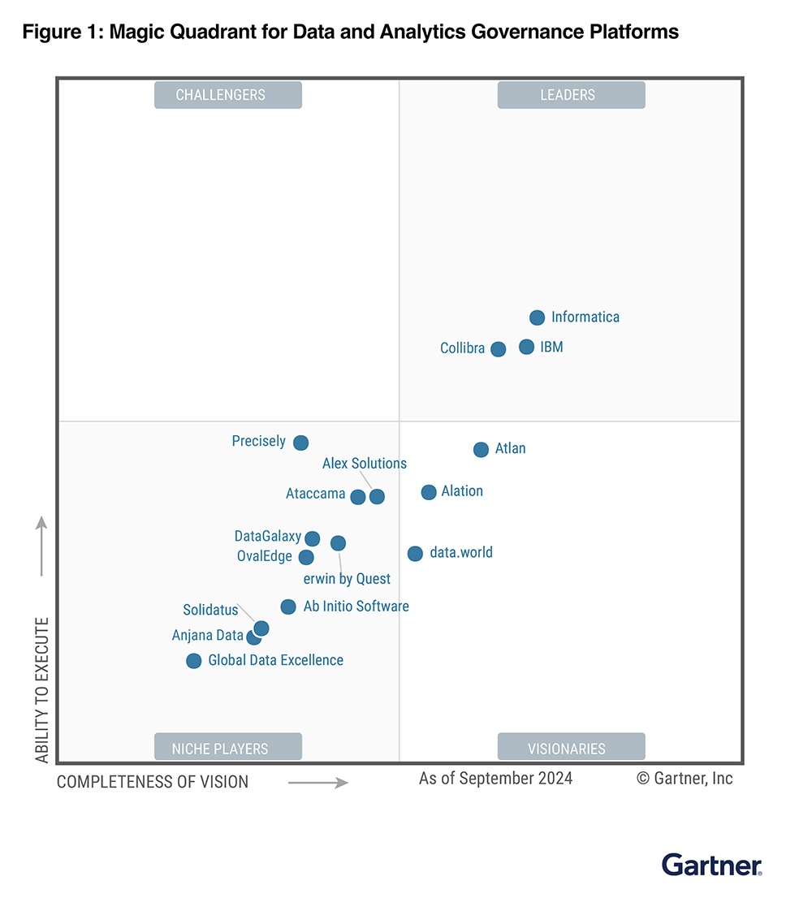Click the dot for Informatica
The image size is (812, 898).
tap(537, 317)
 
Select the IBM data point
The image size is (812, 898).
tap(526, 347)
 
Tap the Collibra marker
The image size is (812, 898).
tap(498, 349)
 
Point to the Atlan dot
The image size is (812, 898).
tap(481, 449)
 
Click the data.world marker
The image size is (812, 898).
tap(415, 554)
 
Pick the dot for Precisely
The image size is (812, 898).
tap(300, 443)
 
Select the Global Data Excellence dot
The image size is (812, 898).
tap(193, 661)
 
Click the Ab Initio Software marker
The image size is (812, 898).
tap(287, 607)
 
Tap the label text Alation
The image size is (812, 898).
tap(462, 491)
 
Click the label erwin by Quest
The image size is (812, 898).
tap(347, 579)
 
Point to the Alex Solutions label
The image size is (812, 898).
tap(365, 464)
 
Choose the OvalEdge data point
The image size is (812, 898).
tap(306, 557)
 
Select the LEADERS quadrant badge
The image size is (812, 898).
tap(571, 95)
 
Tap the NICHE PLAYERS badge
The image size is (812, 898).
tap(228, 748)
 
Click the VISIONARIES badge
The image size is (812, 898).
tap(571, 748)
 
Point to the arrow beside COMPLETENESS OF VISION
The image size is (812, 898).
tap(318, 783)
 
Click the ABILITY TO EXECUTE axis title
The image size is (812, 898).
tap(42, 690)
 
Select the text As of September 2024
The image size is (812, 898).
tap(495, 779)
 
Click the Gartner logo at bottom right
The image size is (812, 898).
tap(712, 865)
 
